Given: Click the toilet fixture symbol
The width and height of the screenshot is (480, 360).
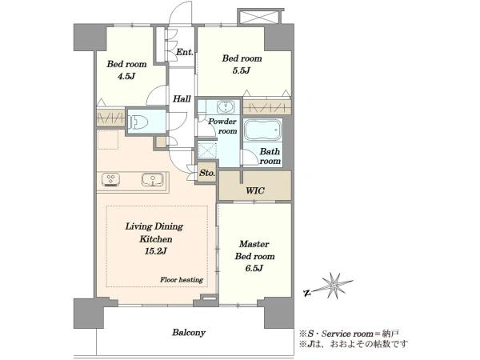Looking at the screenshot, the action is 138,122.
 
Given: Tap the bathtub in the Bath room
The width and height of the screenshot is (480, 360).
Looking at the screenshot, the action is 262,130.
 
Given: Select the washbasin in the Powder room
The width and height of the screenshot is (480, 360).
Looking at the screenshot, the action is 226,107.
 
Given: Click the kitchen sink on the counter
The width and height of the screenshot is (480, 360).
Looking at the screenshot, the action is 152,179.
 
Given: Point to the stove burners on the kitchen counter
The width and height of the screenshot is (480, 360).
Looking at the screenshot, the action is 110,179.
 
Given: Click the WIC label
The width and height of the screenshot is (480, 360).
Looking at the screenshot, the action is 255,190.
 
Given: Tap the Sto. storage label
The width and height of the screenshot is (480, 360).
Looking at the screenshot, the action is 207,173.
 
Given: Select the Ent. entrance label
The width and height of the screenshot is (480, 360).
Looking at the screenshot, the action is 185,52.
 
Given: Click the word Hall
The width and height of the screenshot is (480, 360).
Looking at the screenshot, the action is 182,99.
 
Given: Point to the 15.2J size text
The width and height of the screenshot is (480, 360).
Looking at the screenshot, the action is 155,252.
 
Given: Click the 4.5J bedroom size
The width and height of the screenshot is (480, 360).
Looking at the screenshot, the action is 126,76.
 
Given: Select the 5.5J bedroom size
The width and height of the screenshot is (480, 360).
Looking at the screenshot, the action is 242,70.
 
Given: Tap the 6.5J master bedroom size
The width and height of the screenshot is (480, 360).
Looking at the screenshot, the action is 254,269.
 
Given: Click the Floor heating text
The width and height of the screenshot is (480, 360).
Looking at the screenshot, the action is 182,280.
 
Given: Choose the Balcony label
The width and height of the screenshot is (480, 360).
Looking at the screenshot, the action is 189,333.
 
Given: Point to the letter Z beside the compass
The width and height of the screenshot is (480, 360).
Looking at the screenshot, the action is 306,294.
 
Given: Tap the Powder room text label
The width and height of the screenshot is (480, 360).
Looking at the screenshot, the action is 223,126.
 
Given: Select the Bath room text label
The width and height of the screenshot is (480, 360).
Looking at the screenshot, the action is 270,156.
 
